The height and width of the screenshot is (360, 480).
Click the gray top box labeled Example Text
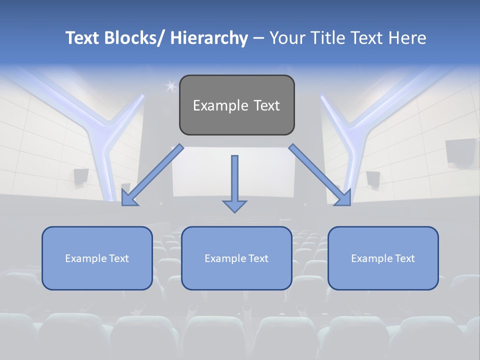[x=236, y=105]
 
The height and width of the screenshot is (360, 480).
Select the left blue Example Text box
[x=97, y=258]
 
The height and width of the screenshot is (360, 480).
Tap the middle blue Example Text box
[x=236, y=258]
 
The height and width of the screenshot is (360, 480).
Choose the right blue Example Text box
[x=383, y=258]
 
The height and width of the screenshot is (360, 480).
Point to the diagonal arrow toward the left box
[x=152, y=175]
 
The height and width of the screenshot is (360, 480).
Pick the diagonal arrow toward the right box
[x=320, y=175]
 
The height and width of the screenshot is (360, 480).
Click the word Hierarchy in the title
[x=209, y=38]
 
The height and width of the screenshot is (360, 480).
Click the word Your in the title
[x=286, y=38]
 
